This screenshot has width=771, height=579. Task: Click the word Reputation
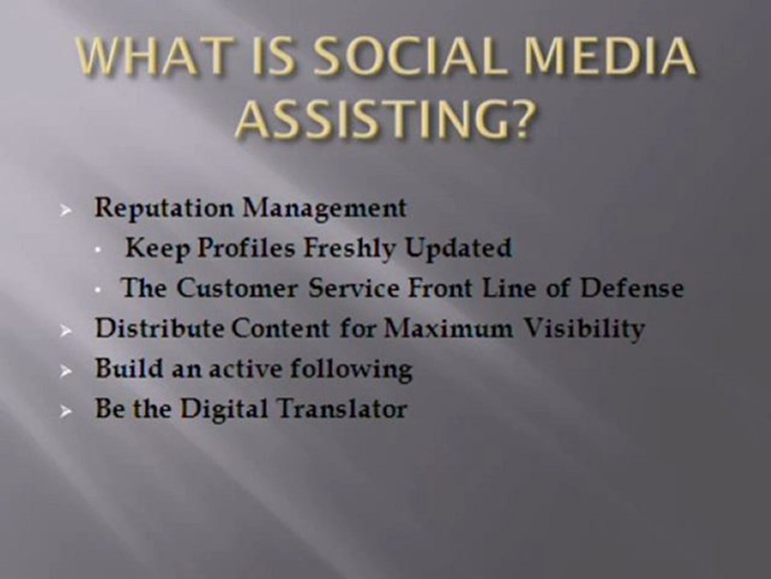[164, 208]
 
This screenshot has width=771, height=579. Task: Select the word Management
[324, 208]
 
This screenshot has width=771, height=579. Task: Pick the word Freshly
[349, 248]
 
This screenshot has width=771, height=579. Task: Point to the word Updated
[459, 248]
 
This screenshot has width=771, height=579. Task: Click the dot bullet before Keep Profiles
[99, 251]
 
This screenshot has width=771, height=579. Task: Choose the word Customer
[237, 288]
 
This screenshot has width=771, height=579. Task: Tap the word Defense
[632, 288]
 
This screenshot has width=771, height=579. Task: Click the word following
[351, 369]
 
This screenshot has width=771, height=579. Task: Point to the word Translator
[342, 409]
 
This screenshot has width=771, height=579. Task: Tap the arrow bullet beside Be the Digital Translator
[65, 411]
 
